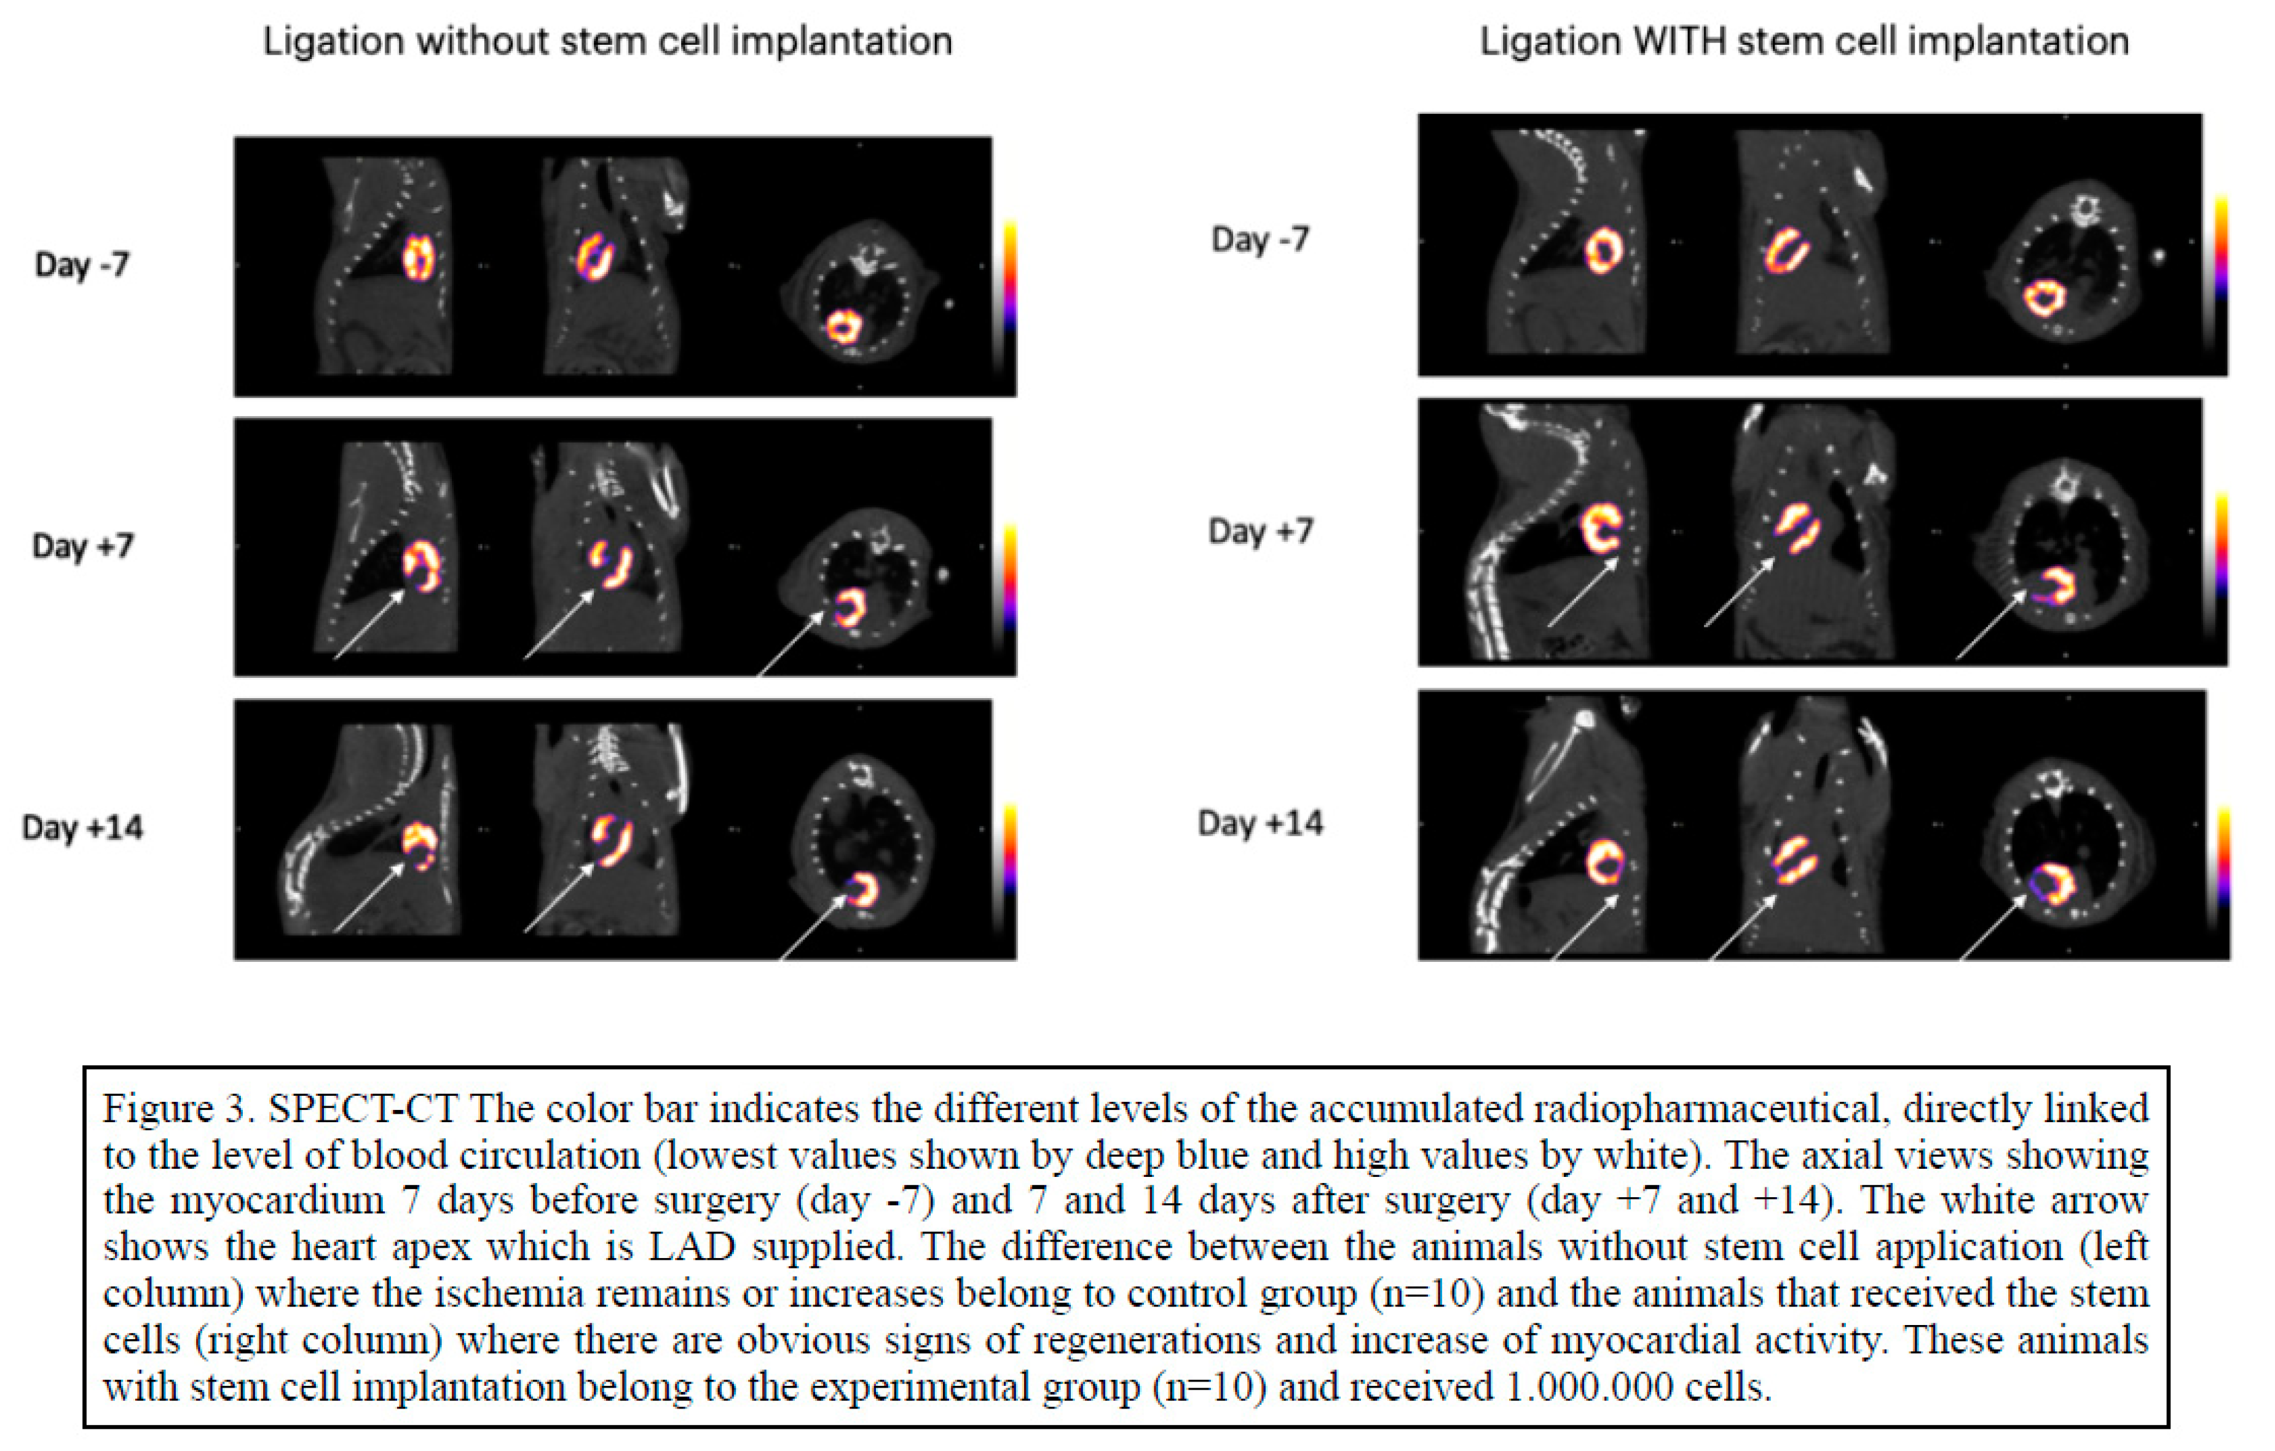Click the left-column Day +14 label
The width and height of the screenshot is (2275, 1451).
82,828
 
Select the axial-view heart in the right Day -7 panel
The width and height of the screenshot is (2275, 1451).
2043,299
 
